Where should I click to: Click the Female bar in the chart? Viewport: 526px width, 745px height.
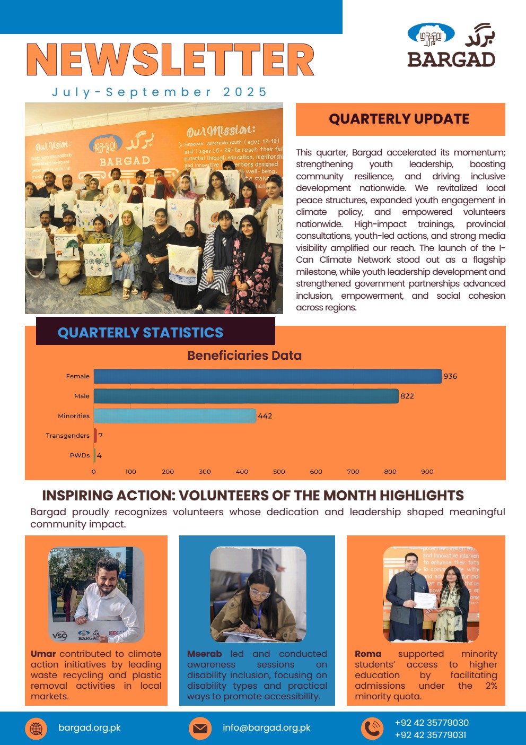tap(268, 376)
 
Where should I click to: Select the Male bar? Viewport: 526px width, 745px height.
tap(246, 396)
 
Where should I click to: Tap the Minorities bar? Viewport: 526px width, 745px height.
tap(175, 416)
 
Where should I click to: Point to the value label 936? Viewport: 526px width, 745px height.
tap(450, 376)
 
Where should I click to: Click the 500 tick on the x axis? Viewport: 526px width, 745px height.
tap(279, 471)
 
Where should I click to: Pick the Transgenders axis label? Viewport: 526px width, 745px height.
tap(67, 436)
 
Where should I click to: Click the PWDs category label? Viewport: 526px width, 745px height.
tap(80, 455)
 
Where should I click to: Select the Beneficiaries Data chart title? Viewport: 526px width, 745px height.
tap(244, 356)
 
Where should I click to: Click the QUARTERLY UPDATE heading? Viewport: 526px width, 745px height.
tap(399, 119)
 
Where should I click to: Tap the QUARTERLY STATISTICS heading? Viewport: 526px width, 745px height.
tap(141, 333)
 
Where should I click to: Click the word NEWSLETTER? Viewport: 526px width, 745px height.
tap(170, 60)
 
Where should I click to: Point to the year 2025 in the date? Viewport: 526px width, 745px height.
tap(245, 92)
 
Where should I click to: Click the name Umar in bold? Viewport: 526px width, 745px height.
tap(43, 654)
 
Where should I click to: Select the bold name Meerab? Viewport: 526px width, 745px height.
tap(205, 654)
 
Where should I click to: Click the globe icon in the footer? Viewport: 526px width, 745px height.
tap(36, 728)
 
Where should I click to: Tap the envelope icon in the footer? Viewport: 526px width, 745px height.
tap(200, 728)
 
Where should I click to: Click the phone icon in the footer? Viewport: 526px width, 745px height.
tap(372, 728)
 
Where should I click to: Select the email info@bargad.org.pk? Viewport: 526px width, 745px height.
tap(267, 727)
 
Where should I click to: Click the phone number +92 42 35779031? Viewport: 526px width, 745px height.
tap(431, 735)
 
